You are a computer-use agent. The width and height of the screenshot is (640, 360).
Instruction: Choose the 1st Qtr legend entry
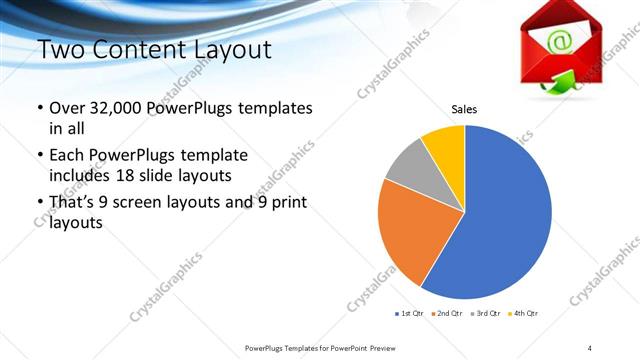tap(410, 314)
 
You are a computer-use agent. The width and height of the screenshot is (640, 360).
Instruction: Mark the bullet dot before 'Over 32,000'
tap(39, 108)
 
